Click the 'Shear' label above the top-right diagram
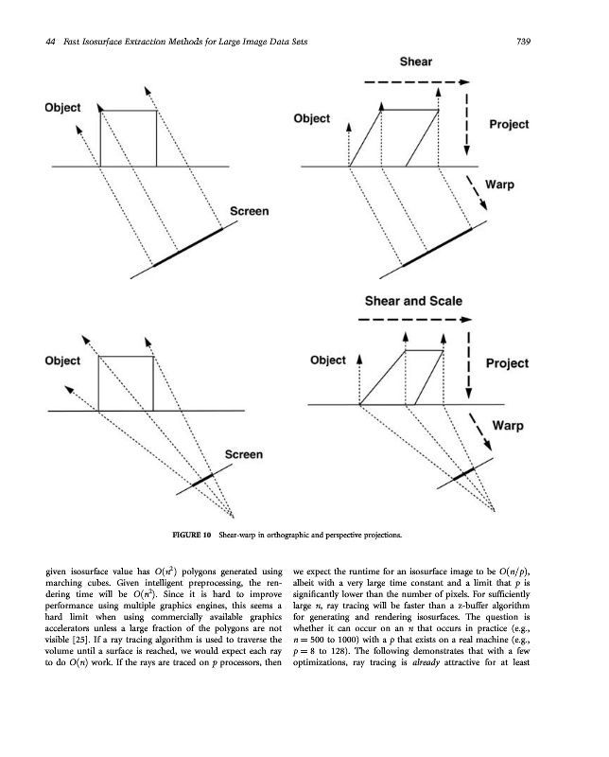tap(416, 62)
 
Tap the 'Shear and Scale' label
tap(413, 301)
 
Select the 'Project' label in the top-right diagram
tap(509, 125)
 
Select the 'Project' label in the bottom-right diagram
tap(507, 363)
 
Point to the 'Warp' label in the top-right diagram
tap(499, 185)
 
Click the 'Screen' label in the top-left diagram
tap(249, 212)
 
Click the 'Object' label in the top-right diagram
tap(312, 119)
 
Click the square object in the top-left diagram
tap(128, 138)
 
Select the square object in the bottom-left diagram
tap(126, 383)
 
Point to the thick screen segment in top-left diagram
tap(195, 246)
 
